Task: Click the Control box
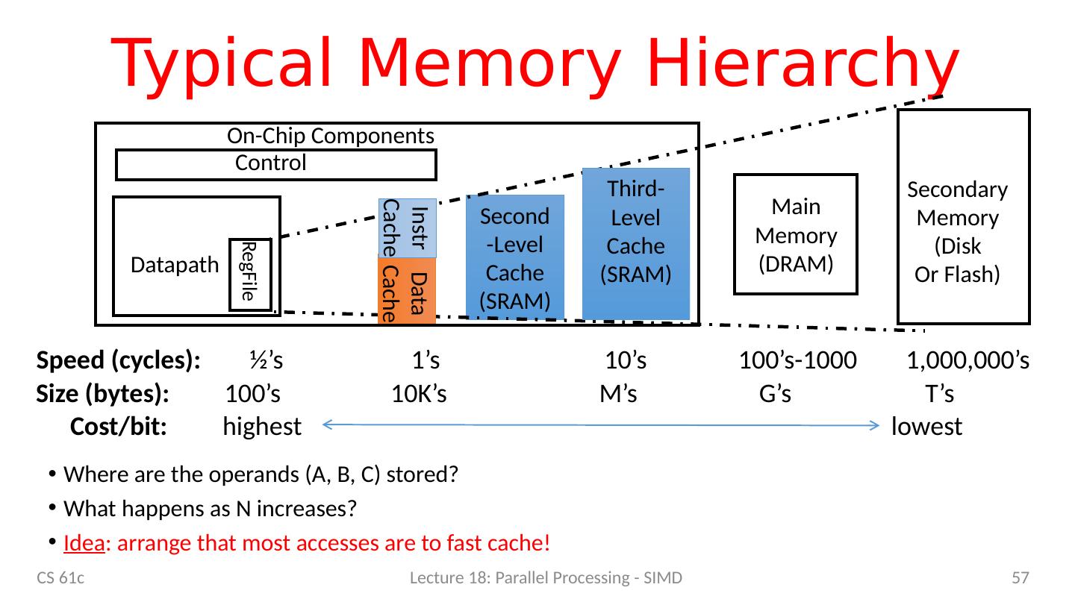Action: [275, 165]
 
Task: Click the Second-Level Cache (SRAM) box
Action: [515, 258]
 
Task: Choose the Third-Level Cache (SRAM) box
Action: [636, 245]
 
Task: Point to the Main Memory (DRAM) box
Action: [796, 234]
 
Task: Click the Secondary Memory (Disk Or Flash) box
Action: [963, 216]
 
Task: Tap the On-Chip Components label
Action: [330, 136]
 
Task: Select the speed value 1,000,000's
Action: [968, 361]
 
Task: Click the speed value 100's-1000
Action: [797, 361]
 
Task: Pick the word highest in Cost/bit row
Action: [261, 427]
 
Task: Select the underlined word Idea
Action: [83, 542]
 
